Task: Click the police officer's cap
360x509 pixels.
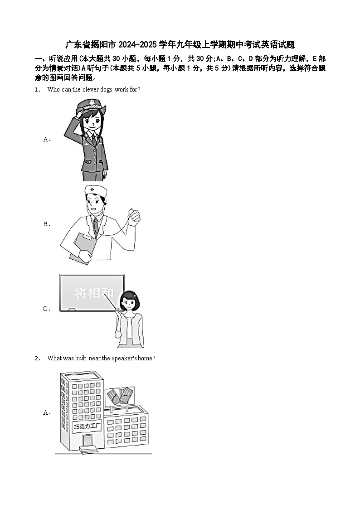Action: pyautogui.click(x=91, y=106)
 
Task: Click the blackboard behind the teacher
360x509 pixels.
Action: pyautogui.click(x=92, y=293)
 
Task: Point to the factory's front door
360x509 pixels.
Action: pyautogui.click(x=87, y=441)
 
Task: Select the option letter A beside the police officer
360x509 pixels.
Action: pyautogui.click(x=47, y=139)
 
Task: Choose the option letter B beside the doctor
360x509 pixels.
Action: pyautogui.click(x=47, y=224)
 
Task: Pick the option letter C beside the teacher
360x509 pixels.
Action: pyautogui.click(x=47, y=309)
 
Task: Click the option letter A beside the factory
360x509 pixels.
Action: pyautogui.click(x=47, y=412)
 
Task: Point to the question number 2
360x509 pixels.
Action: pyautogui.click(x=37, y=359)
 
